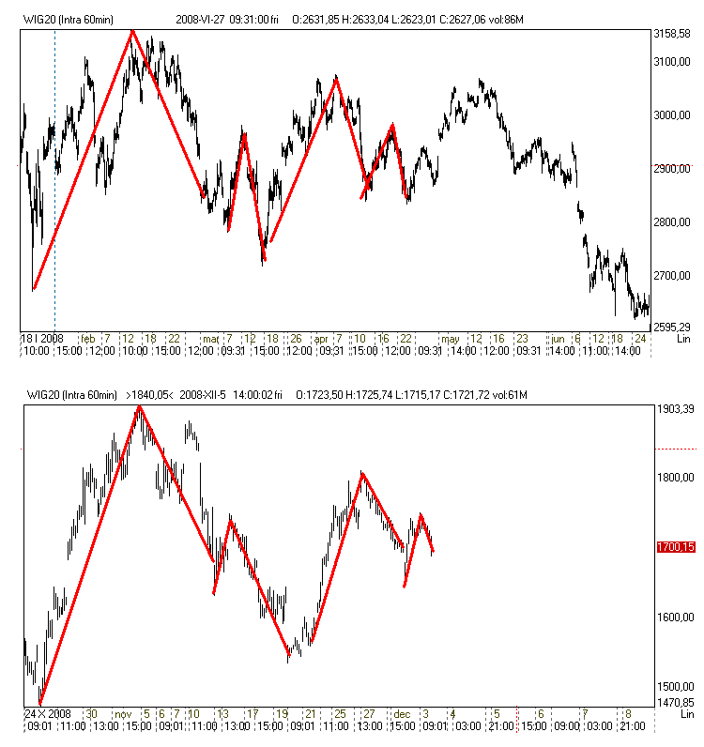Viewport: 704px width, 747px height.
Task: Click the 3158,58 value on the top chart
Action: [671, 34]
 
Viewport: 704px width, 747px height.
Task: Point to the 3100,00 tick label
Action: [671, 62]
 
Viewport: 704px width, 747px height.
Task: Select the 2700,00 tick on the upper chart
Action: [671, 275]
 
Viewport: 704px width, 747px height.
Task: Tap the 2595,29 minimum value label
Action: [671, 327]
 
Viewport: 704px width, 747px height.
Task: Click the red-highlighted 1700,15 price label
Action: [675, 546]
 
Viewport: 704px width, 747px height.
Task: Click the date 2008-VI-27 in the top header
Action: [200, 19]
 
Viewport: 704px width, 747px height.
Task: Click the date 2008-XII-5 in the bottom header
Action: [205, 395]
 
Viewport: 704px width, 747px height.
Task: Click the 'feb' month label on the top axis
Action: [87, 338]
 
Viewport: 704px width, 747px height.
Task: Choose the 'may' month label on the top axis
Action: [451, 338]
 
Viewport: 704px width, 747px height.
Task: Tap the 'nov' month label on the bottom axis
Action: [123, 713]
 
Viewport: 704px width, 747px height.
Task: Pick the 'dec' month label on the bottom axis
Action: [402, 713]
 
